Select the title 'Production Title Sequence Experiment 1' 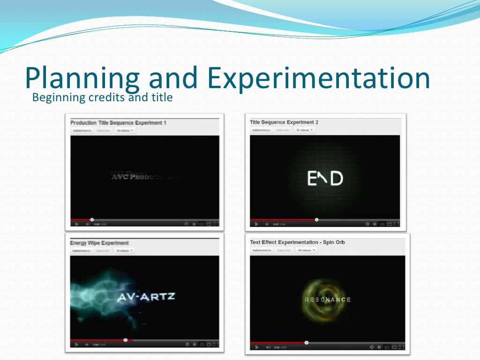tap(118, 123)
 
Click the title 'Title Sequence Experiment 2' tap(284, 122)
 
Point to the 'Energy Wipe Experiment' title tap(99, 243)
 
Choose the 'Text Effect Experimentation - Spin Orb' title tap(297, 242)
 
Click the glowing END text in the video tap(325, 178)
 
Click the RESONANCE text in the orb tap(328, 300)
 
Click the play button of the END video tap(256, 224)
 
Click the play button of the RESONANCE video tap(256, 347)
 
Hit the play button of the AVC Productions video tap(76, 224)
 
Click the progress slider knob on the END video tap(317, 219)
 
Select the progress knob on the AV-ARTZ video tap(125, 339)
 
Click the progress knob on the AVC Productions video tap(92, 219)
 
